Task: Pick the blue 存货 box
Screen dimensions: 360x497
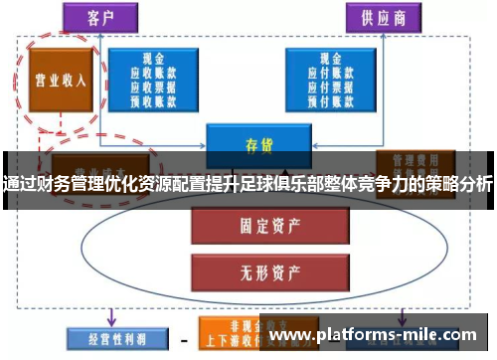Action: (x=252, y=143)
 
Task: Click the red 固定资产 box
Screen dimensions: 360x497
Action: (x=252, y=226)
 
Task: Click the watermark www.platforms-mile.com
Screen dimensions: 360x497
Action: (x=374, y=336)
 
